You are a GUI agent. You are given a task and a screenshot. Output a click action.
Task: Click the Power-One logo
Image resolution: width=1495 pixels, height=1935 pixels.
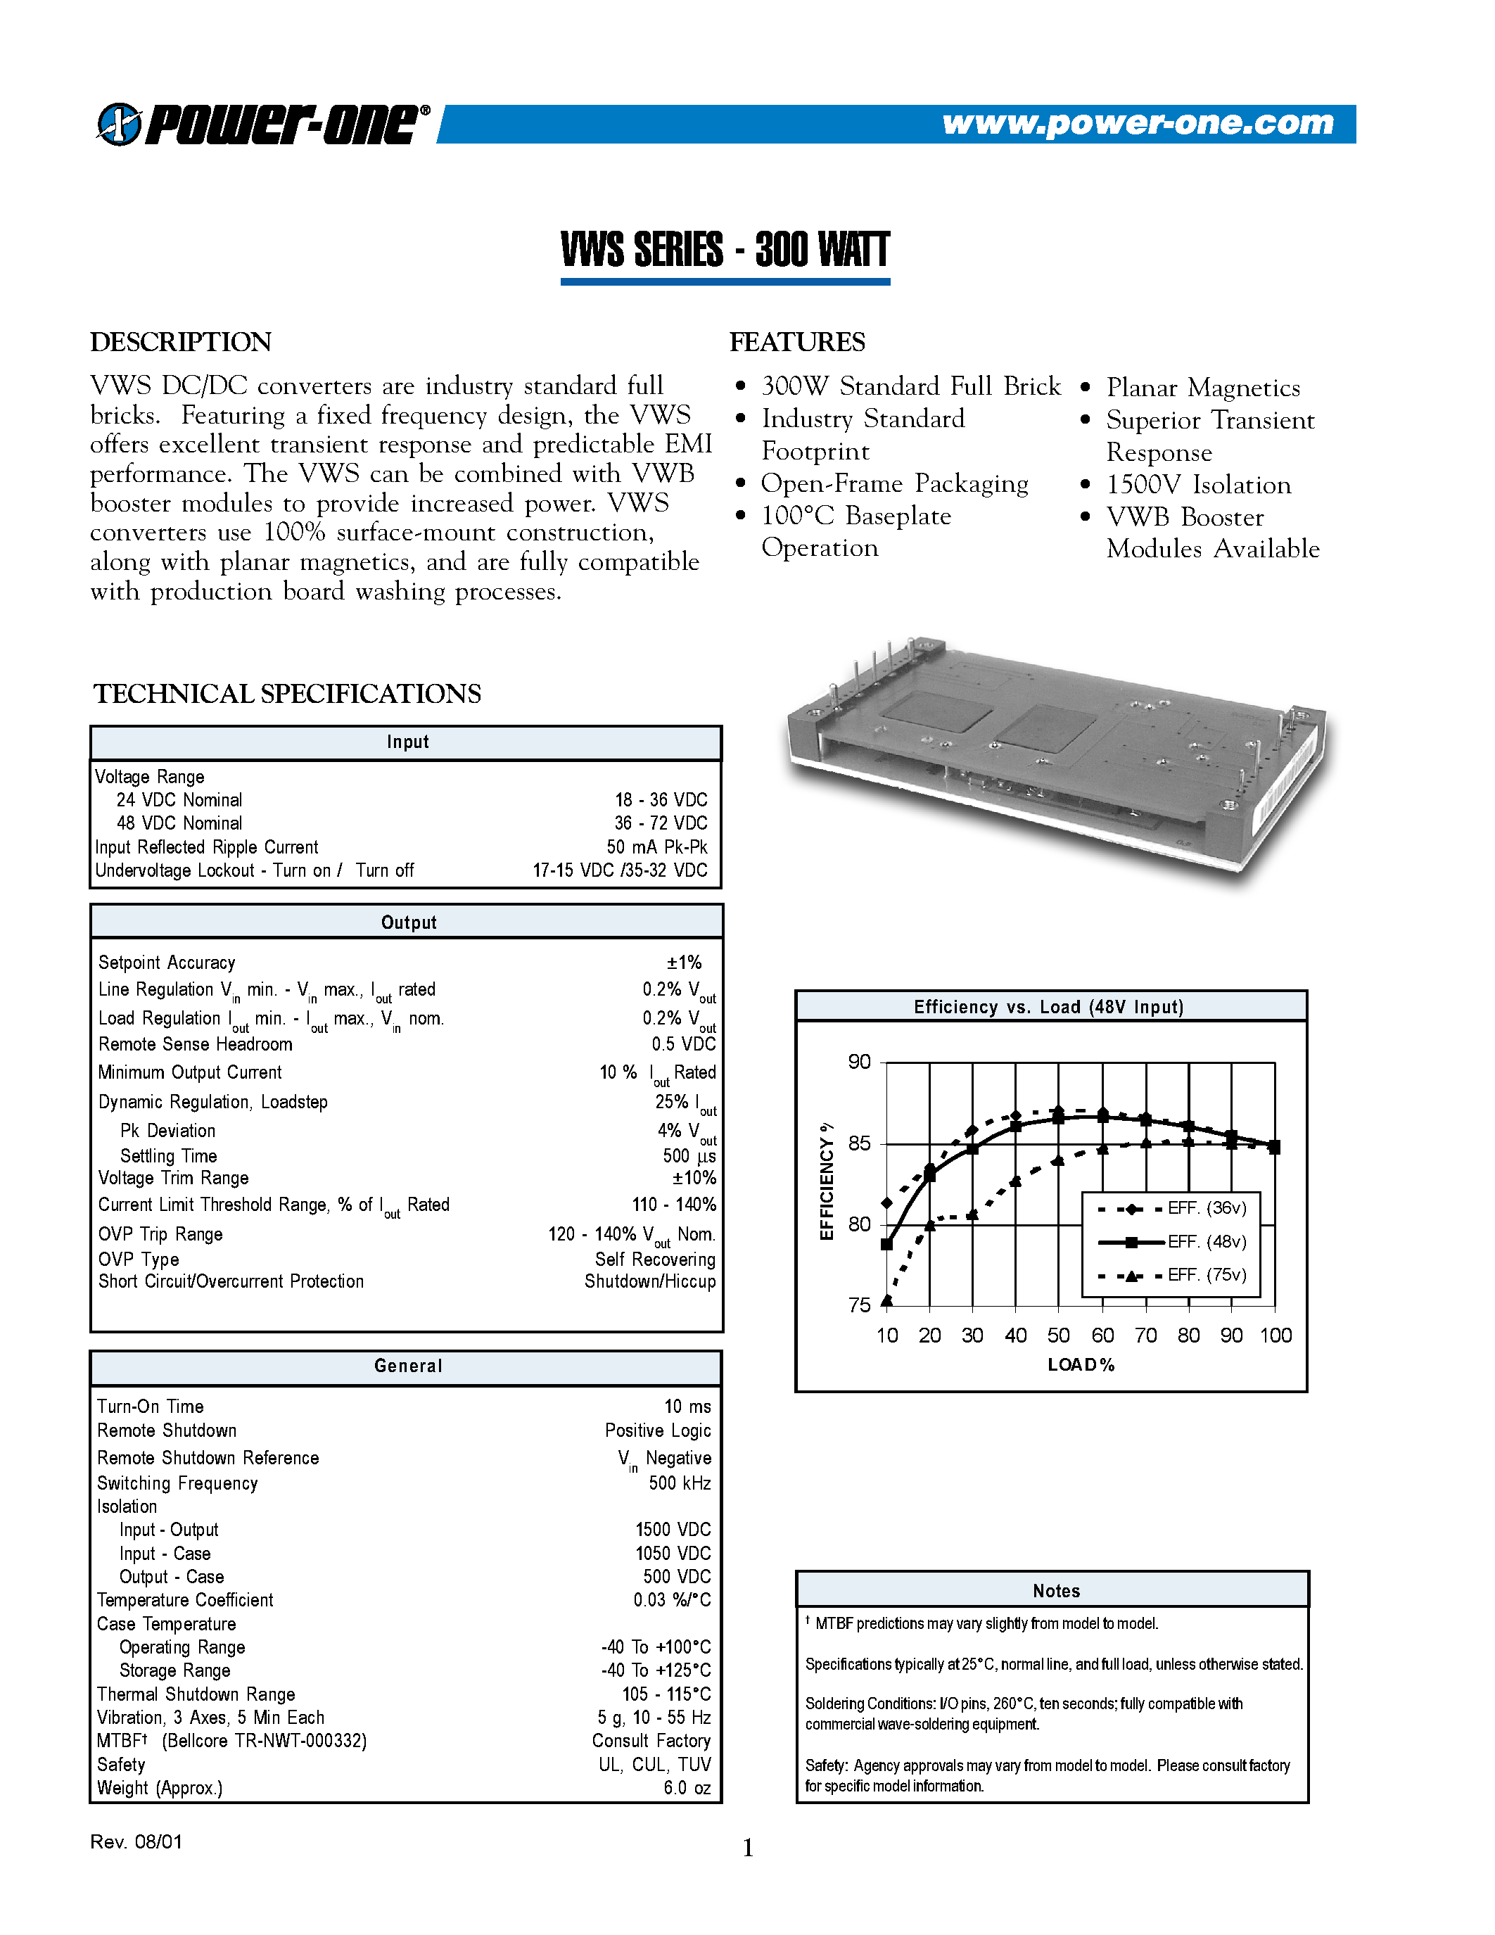pos(263,123)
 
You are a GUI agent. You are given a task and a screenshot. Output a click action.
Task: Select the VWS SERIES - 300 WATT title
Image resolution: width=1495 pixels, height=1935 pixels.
pos(725,250)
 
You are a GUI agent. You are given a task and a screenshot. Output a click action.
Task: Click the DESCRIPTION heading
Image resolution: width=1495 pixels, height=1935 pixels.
pos(181,342)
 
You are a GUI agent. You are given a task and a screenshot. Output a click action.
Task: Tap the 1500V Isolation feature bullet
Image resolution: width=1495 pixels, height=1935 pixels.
pos(1197,485)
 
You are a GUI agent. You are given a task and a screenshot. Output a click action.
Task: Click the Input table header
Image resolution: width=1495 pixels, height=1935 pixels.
pos(407,742)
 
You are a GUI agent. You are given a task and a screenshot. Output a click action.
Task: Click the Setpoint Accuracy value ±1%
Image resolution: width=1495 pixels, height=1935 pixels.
pos(684,962)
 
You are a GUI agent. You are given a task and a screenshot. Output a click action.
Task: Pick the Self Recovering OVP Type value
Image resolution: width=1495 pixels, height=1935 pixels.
pos(654,1259)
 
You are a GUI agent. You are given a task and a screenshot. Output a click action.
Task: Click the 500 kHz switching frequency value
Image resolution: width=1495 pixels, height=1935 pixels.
pos(680,1483)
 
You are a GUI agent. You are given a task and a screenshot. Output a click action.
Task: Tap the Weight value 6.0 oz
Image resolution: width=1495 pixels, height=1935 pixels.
pos(687,1788)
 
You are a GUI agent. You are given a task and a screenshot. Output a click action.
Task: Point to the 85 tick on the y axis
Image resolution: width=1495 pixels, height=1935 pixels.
pos(859,1143)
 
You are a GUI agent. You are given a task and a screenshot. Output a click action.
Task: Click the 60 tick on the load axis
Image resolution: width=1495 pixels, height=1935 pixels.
pos(1102,1336)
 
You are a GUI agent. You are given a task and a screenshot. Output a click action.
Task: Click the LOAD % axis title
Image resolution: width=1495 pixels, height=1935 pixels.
pos(1081,1365)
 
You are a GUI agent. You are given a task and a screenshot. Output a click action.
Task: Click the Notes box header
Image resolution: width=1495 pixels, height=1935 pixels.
pos(1056,1590)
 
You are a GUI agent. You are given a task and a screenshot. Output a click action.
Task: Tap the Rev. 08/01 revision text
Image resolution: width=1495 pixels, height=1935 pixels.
pos(136,1842)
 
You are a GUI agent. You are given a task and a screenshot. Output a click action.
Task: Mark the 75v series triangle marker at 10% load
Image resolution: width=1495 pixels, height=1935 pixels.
pos(886,1300)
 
